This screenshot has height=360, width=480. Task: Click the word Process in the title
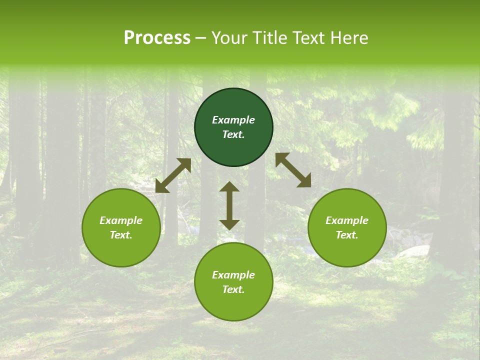pos(157,38)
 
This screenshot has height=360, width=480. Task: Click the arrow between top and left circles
pos(173,175)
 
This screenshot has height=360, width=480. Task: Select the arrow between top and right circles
pos(293,170)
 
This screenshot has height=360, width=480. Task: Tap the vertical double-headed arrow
pos(229,205)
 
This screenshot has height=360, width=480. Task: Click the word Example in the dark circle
pos(233,120)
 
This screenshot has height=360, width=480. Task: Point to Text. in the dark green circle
pos(233,134)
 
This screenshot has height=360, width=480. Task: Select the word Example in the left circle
pos(121,220)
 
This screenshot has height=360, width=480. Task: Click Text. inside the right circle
pos(347,235)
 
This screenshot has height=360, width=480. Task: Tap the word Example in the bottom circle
pos(233,275)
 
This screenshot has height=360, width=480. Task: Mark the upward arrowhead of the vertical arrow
pos(229,187)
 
